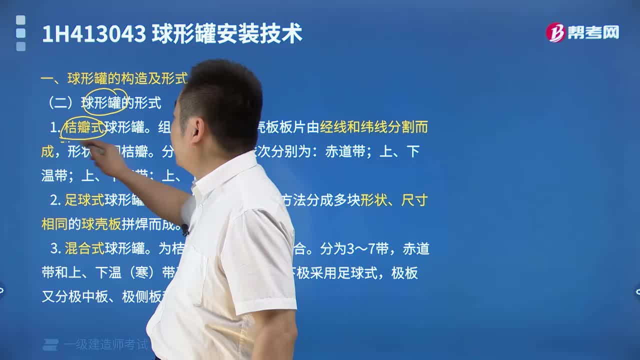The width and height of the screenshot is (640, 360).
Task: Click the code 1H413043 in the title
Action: coord(93,34)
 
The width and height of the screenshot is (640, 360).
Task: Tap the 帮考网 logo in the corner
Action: coord(582,32)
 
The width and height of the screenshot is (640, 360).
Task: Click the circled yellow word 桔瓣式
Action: coord(84,127)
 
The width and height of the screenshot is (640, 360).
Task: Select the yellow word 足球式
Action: coord(84,200)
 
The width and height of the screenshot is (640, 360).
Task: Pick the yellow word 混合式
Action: coord(84,248)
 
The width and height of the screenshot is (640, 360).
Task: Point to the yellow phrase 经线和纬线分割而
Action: coord(374,127)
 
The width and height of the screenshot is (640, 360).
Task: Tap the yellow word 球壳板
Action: coord(101,224)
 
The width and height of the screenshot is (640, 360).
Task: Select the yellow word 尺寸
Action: coord(415,200)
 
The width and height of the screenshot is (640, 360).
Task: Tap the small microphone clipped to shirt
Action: coord(185,229)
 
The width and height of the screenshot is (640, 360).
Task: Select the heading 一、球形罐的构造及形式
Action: coord(113,78)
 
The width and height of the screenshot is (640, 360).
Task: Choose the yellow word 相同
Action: coord(54,224)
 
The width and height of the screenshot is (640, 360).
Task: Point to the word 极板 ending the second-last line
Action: coord(404,273)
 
